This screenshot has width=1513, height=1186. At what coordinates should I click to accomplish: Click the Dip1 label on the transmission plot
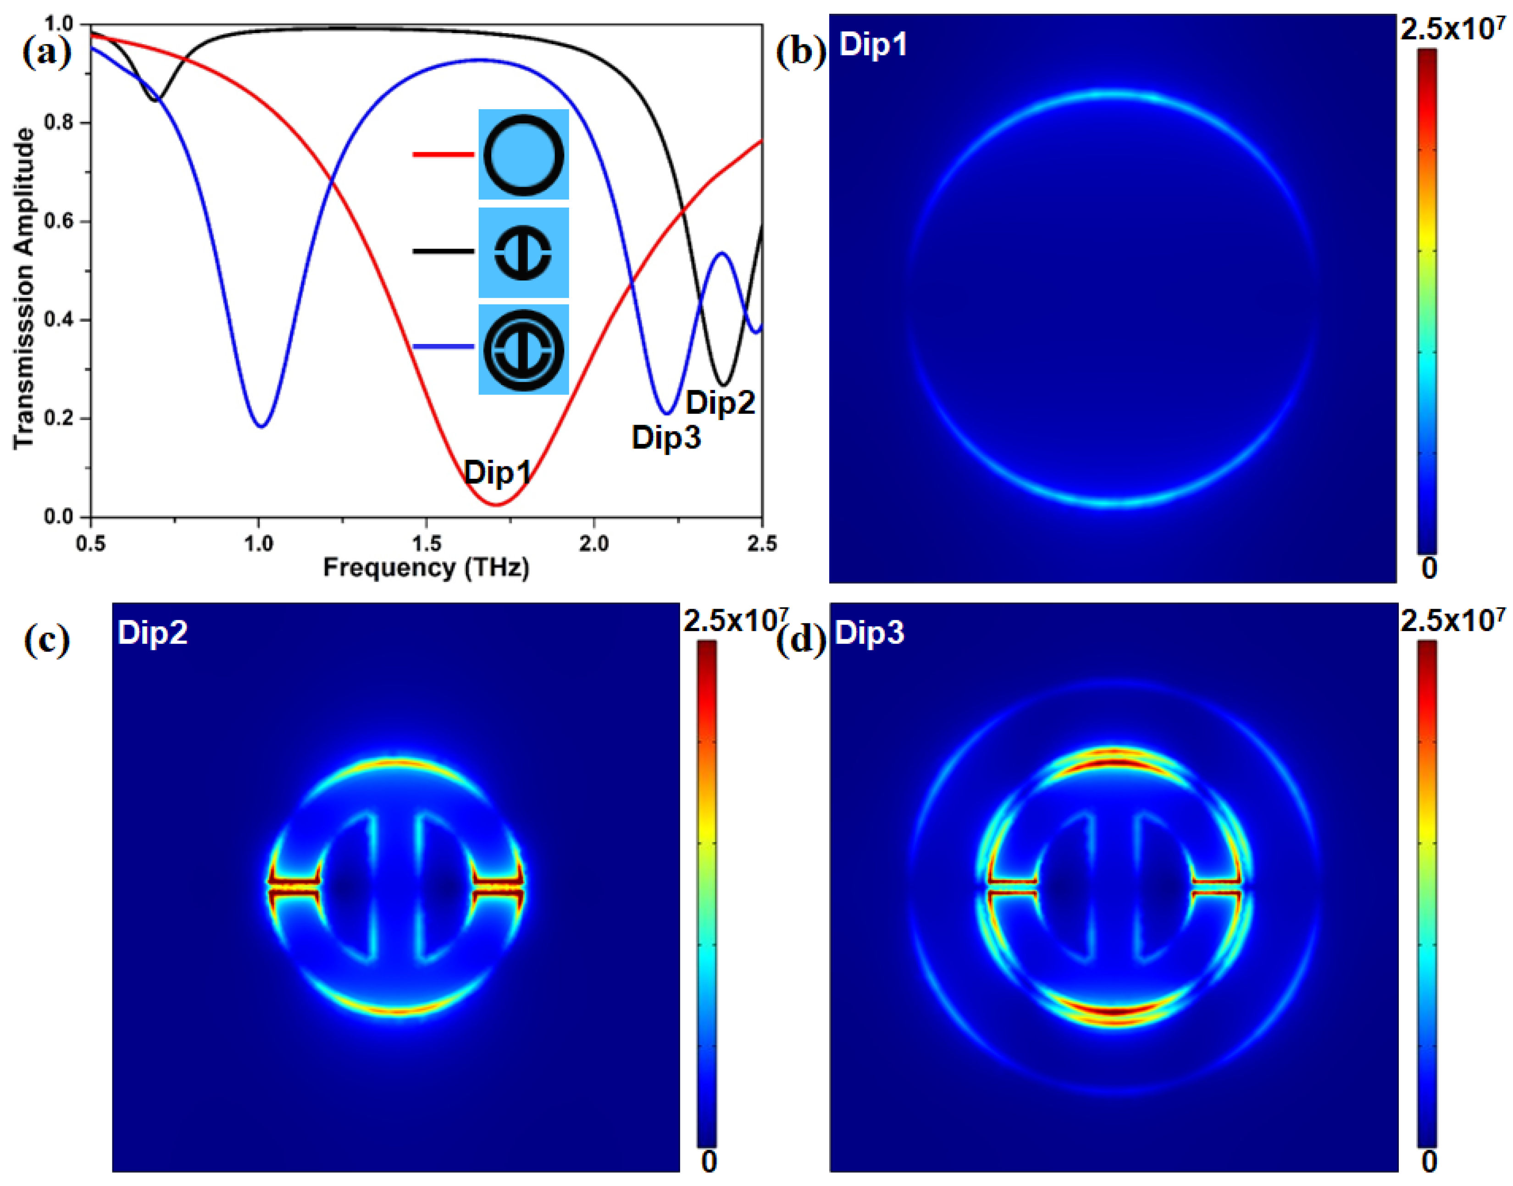tap(497, 472)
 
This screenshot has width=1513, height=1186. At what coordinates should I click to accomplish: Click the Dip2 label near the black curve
tap(720, 403)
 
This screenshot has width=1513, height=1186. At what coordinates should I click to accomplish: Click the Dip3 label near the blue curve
tap(665, 438)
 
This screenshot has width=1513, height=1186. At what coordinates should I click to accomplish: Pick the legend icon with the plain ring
tap(523, 154)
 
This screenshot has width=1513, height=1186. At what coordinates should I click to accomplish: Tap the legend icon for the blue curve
tap(523, 349)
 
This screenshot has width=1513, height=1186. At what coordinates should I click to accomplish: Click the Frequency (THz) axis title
tap(426, 568)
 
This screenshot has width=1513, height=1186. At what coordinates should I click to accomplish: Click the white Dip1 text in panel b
tap(873, 45)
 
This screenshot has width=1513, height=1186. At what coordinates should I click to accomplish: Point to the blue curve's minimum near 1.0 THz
tap(261, 426)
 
